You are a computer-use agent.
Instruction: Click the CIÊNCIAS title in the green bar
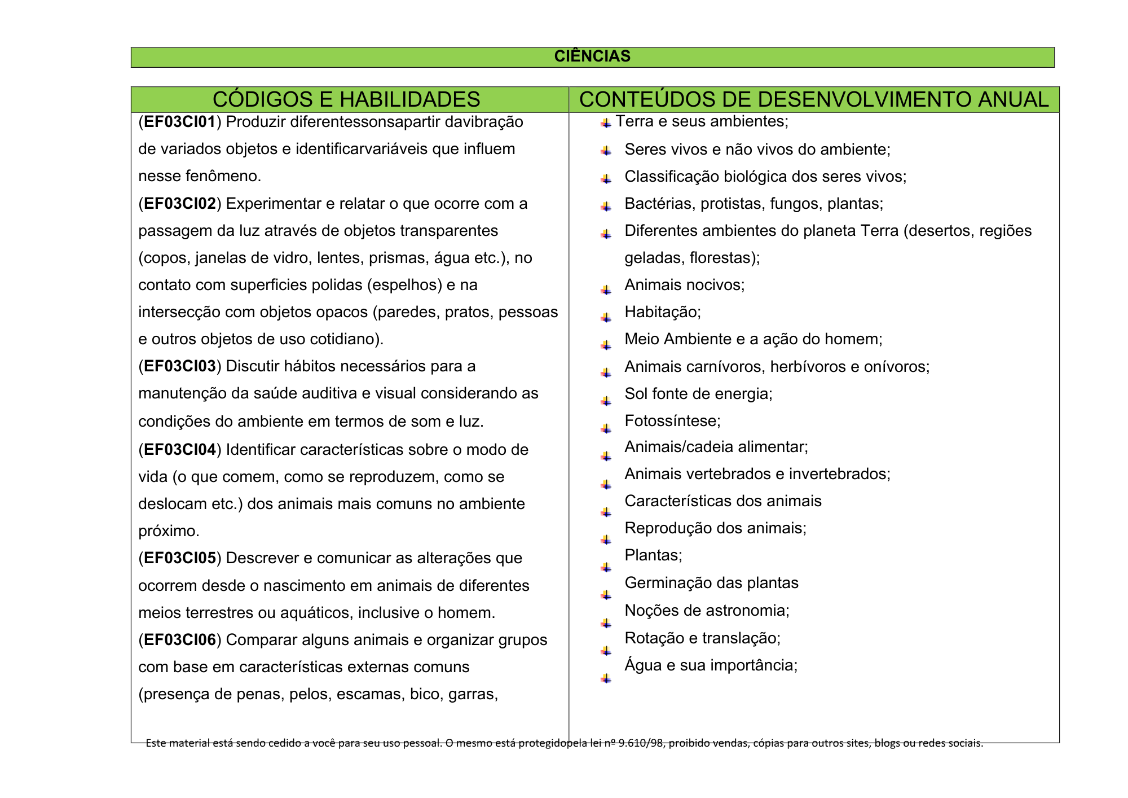click(592, 56)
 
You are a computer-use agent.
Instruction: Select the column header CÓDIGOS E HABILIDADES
click(346, 99)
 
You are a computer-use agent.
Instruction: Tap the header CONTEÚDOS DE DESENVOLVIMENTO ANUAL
click(813, 99)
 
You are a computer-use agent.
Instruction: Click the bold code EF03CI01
click(180, 122)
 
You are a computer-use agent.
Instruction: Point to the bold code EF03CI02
click(180, 204)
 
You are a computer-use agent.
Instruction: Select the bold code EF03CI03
click(180, 366)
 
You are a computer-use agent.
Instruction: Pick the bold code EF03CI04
click(180, 450)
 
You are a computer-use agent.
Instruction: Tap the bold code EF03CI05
click(180, 558)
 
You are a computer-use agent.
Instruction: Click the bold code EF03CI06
click(180, 640)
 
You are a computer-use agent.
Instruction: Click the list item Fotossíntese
click(672, 421)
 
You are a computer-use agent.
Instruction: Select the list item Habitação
click(663, 312)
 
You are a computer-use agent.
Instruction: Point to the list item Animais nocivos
click(684, 285)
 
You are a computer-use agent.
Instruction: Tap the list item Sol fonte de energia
click(698, 393)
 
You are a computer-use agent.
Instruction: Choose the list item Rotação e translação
click(702, 638)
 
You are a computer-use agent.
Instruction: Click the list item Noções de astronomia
click(707, 611)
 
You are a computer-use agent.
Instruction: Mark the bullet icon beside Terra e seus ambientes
click(606, 123)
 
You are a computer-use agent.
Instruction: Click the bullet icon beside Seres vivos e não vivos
click(606, 151)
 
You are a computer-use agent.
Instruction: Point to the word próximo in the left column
click(169, 531)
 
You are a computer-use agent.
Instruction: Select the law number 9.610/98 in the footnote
click(640, 743)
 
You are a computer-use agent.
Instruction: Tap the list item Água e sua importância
click(711, 665)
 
